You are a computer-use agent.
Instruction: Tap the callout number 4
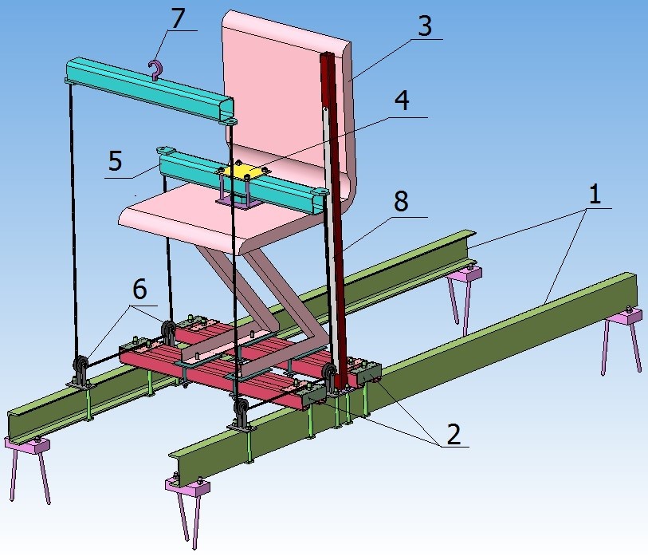coord(402,102)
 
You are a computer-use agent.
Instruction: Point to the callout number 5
coord(116,161)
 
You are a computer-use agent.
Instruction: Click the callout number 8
coord(400,202)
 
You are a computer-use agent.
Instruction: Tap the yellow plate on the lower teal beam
coord(238,171)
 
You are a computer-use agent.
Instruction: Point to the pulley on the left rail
coord(81,369)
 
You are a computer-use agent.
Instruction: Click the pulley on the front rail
coord(239,413)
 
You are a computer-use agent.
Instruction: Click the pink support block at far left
coord(28,447)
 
